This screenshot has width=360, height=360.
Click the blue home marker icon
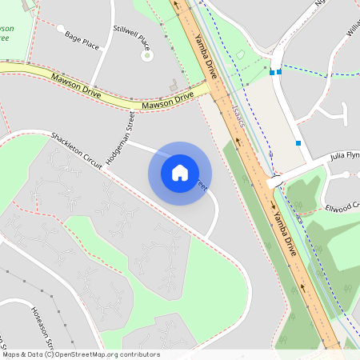point(180,173)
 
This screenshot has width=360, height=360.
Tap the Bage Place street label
point(82,42)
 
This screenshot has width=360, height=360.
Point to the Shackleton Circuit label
point(77,150)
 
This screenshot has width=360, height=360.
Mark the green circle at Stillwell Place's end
point(146,55)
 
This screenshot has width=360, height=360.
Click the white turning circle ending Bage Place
point(61,28)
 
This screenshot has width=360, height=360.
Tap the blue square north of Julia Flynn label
point(298,142)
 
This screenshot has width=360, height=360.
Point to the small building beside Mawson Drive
point(174,84)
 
